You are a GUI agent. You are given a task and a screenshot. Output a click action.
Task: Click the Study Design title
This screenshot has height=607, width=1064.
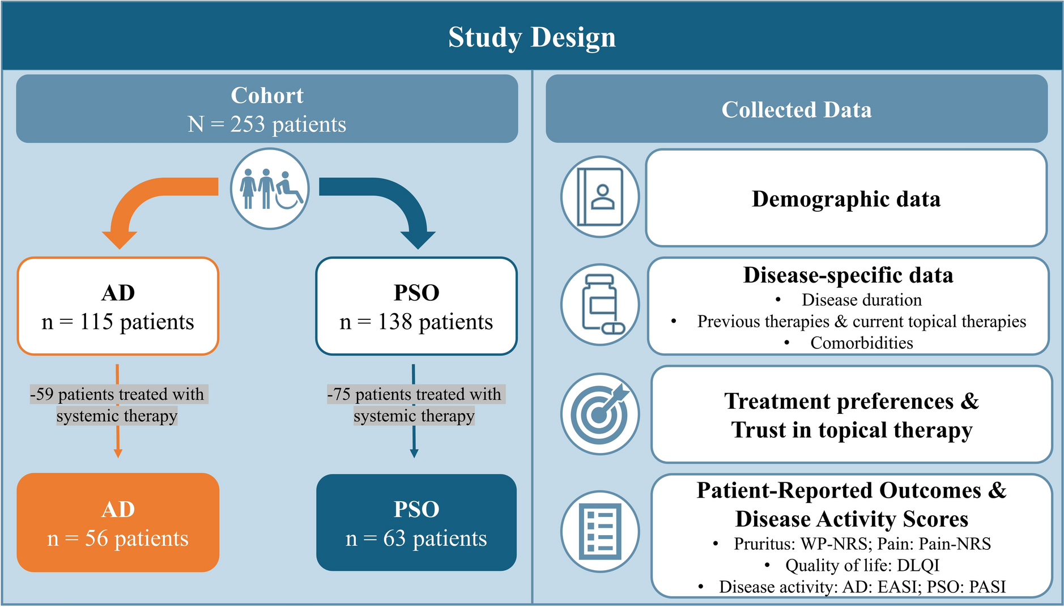(531, 37)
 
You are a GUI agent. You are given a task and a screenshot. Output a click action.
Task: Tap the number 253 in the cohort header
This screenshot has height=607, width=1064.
(248, 125)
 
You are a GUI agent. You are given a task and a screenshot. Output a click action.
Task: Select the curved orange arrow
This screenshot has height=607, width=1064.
(147, 198)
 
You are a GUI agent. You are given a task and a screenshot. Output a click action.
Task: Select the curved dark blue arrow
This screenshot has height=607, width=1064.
(391, 198)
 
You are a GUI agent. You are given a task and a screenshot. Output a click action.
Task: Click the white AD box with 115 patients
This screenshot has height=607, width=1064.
(118, 306)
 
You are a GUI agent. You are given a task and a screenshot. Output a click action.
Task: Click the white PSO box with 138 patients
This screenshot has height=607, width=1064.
(416, 306)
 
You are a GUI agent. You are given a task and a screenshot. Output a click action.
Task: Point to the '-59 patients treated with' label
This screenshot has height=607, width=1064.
(118, 394)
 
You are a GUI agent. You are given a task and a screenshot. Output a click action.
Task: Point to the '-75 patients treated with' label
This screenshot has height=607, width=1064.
(415, 394)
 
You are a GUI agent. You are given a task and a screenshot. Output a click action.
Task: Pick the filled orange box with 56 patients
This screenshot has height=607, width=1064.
(118, 523)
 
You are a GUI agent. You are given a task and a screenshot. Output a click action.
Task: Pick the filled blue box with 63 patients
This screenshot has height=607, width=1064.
(416, 523)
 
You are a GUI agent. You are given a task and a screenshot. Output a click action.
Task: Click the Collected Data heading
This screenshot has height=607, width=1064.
(796, 110)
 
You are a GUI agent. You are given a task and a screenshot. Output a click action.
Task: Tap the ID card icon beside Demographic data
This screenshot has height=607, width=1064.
(600, 197)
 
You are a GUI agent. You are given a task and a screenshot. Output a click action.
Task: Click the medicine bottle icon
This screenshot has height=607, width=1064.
(600, 304)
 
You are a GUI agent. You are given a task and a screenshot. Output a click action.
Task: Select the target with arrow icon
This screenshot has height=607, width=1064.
(600, 413)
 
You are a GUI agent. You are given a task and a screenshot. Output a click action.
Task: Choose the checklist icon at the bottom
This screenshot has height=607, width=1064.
(600, 531)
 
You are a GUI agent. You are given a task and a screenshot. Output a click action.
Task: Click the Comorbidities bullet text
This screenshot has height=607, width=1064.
(861, 343)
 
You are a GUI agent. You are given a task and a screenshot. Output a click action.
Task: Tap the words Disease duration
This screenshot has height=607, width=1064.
(861, 300)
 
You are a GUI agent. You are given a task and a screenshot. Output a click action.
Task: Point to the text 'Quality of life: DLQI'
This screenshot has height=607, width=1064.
(862, 566)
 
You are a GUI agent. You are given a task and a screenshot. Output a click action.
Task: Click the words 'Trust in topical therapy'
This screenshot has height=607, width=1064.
(852, 430)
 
